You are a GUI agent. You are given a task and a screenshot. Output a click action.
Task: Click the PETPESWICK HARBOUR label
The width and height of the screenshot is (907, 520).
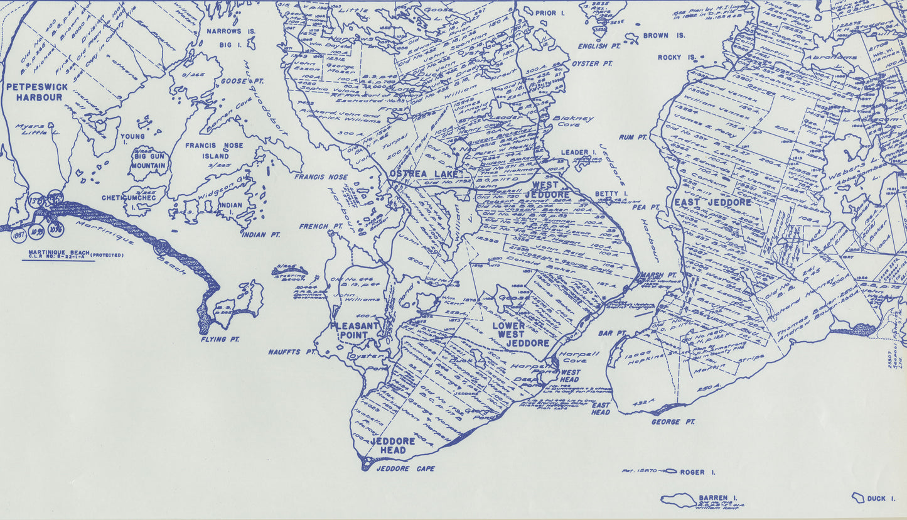tap(37, 92)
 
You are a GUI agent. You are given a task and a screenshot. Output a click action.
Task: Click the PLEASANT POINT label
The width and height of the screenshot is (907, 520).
tap(355, 330)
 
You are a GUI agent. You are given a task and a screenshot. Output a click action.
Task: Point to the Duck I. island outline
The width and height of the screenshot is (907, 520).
tap(857, 497)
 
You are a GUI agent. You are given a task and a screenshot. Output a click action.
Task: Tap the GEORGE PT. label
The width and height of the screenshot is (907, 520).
tap(673, 422)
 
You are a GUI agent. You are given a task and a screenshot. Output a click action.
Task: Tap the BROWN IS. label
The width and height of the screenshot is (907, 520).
tap(664, 36)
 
